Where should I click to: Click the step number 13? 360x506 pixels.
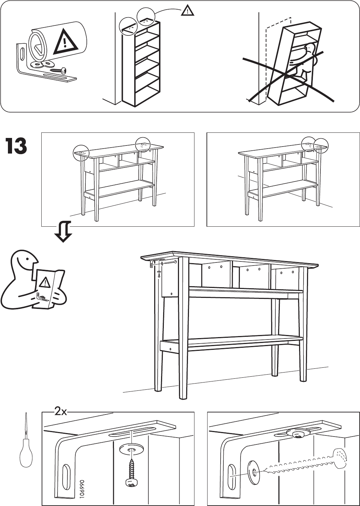point(16,147)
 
